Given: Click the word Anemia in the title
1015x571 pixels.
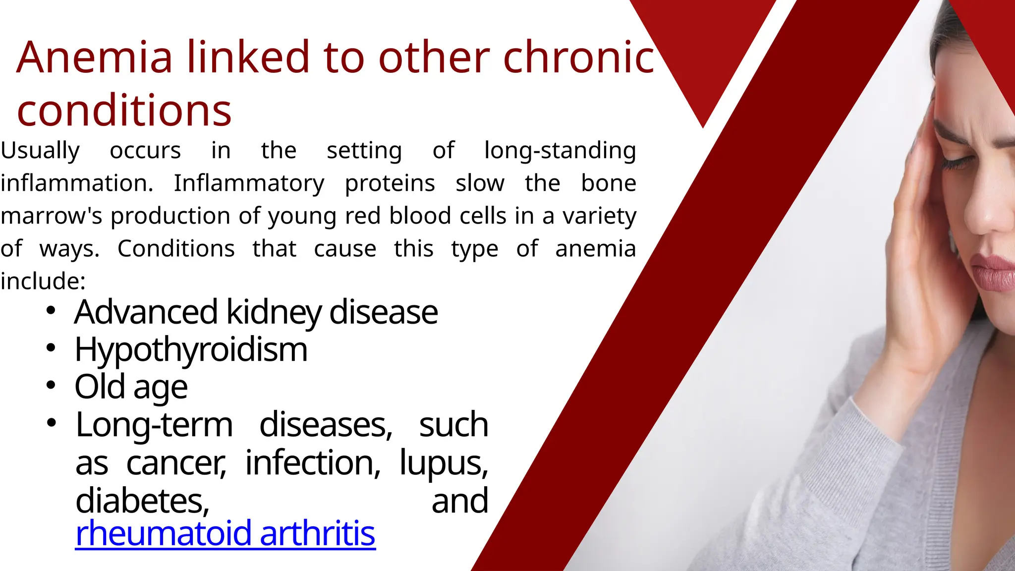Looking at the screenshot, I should (x=94, y=57).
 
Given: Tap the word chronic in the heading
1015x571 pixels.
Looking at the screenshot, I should (x=579, y=57).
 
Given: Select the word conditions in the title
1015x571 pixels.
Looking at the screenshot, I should (x=124, y=110).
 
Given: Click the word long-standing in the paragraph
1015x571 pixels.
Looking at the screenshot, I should (x=560, y=151).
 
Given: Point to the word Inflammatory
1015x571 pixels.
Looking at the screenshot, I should (x=249, y=183).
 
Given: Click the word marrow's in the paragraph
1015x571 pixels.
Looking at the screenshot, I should (x=52, y=216).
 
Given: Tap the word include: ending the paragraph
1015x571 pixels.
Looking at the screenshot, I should (x=43, y=282).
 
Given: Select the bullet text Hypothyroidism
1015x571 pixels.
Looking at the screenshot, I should (x=191, y=350).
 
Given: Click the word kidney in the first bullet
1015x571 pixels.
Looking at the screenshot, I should (x=274, y=312).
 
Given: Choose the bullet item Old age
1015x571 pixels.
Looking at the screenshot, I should (x=131, y=387).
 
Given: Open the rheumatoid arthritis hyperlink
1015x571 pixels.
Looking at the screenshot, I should (x=225, y=533).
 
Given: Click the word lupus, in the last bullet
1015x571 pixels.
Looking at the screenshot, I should (x=444, y=463).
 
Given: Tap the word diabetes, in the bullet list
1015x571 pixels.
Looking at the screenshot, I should (x=143, y=501).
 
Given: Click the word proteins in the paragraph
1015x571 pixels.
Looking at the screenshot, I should (x=390, y=183).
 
